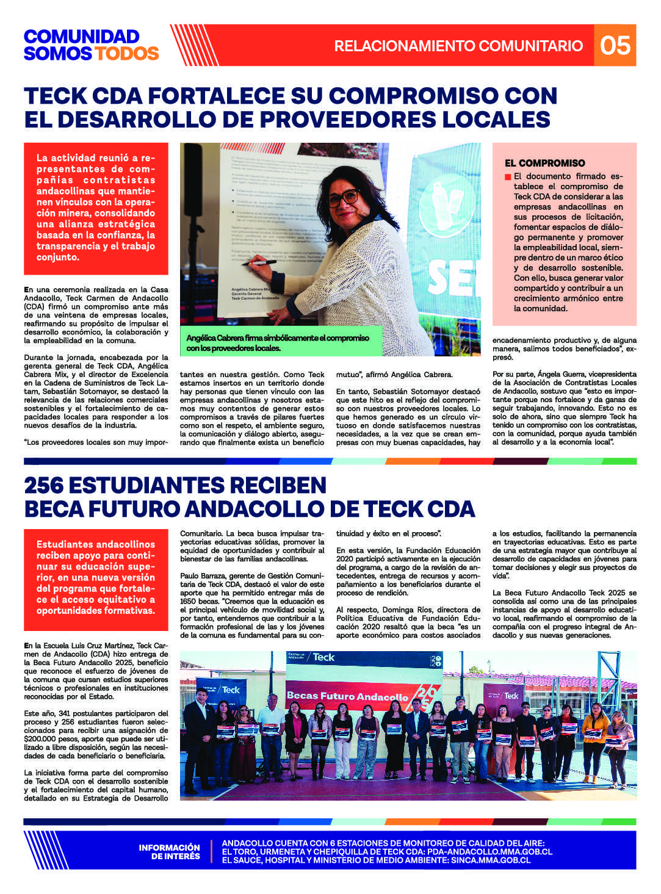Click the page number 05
[x=615, y=45]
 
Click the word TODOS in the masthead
[x=126, y=54]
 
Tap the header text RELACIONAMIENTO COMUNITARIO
[x=458, y=46]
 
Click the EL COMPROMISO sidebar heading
[x=544, y=164]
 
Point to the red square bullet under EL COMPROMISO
[x=508, y=177]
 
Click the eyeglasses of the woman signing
[x=343, y=198]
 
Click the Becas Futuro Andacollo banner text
[x=347, y=696]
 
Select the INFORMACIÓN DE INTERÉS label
[x=169, y=852]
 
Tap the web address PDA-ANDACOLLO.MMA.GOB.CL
[x=490, y=852]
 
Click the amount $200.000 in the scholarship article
[x=42, y=738]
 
